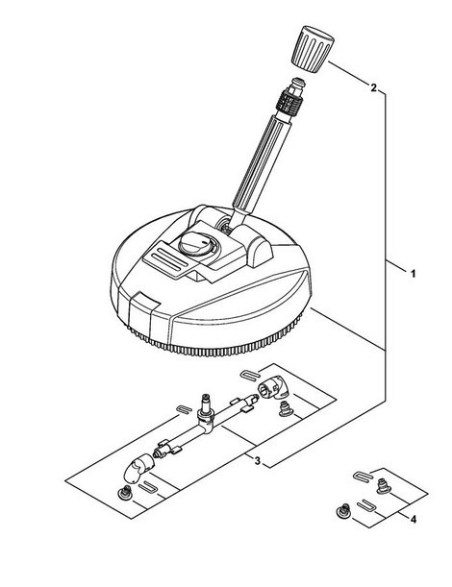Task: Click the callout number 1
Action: (413, 274)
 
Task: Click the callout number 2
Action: (373, 88)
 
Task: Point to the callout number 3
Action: (257, 461)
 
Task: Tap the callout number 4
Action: (413, 520)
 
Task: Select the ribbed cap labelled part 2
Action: (313, 47)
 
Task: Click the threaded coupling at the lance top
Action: (289, 98)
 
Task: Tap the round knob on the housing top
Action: (196, 244)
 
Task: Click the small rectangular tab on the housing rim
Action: (147, 299)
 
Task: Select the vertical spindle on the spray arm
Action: (206, 408)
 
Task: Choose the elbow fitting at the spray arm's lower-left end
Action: (138, 469)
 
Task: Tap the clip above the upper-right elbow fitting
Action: (249, 374)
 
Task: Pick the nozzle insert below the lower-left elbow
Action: (126, 494)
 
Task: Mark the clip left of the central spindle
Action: (185, 409)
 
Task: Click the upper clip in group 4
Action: (363, 477)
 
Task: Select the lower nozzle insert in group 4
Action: (343, 511)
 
